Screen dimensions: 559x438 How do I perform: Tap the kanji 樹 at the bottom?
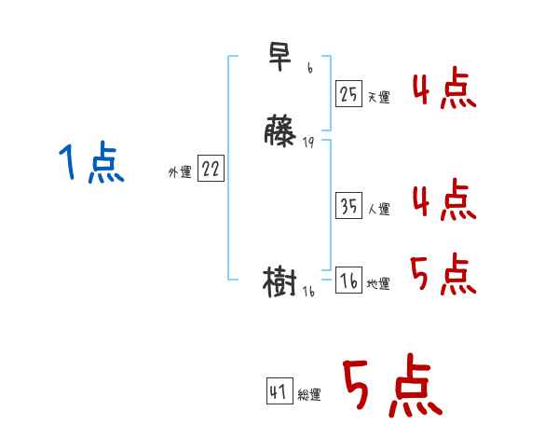(x=280, y=281)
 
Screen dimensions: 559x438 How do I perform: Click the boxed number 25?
(x=348, y=93)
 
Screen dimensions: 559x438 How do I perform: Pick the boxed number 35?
(x=348, y=207)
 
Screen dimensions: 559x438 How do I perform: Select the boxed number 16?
(x=348, y=281)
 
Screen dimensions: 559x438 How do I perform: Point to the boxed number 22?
(x=211, y=169)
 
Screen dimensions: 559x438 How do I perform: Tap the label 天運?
(x=378, y=97)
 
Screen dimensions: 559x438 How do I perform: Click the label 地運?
(x=378, y=284)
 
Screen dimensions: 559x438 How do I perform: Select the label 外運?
(x=180, y=171)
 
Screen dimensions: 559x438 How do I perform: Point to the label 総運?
(x=309, y=395)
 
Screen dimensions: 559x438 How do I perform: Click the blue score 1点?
(x=91, y=164)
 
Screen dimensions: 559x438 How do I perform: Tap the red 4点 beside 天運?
(x=443, y=89)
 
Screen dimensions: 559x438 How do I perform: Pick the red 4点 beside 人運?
(x=443, y=200)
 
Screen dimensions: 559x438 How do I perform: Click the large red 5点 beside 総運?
(x=391, y=387)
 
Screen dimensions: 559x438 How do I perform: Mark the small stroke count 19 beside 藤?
(x=309, y=143)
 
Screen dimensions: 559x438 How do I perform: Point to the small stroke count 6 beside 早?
(x=309, y=69)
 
